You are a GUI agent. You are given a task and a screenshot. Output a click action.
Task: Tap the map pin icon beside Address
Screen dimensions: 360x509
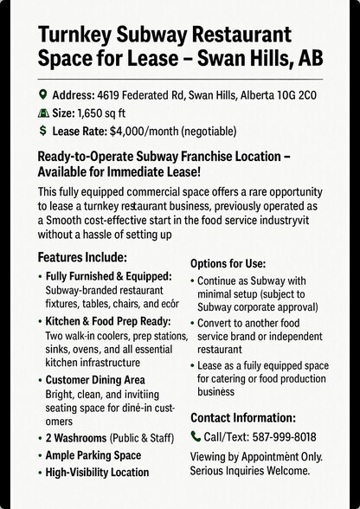pyautogui.click(x=43, y=95)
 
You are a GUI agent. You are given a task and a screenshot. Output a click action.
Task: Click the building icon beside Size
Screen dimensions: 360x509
pyautogui.click(x=43, y=113)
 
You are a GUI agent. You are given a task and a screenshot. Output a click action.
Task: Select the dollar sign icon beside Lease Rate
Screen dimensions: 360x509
pyautogui.click(x=43, y=131)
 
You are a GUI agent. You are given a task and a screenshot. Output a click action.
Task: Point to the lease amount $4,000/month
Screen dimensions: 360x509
pyautogui.click(x=150, y=131)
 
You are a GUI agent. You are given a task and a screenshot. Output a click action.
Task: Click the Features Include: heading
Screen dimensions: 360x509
pyautogui.click(x=82, y=258)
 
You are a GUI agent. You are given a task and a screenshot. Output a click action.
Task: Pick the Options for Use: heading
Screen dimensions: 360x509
pyautogui.click(x=228, y=263)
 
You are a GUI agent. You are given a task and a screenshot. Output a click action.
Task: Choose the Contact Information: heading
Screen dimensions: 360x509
pyautogui.click(x=243, y=417)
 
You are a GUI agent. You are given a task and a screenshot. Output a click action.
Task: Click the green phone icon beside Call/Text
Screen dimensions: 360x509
pyautogui.click(x=196, y=437)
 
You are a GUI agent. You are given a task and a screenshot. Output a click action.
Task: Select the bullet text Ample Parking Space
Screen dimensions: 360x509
pyautogui.click(x=93, y=454)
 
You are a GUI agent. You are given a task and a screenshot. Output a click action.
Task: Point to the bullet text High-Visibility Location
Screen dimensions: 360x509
pyautogui.click(x=97, y=473)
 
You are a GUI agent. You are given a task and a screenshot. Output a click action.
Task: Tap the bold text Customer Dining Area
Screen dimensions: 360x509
pyautogui.click(x=95, y=380)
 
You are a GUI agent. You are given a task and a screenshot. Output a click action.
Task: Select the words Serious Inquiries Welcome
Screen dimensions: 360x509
pyautogui.click(x=250, y=471)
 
